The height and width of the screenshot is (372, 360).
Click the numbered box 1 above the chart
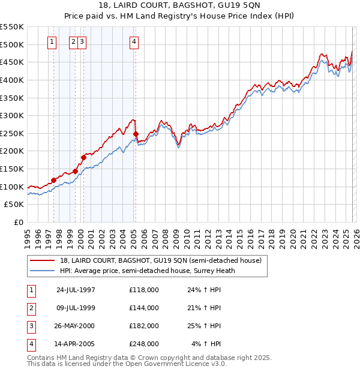click(x=52, y=41)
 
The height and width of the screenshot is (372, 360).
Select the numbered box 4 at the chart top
click(x=133, y=41)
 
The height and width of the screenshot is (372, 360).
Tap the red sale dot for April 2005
click(x=136, y=134)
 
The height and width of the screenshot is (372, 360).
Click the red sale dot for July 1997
click(x=53, y=180)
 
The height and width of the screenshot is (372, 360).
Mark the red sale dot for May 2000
click(x=83, y=157)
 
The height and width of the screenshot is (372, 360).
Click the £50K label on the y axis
click(x=14, y=205)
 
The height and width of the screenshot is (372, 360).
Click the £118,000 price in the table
click(x=144, y=290)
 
